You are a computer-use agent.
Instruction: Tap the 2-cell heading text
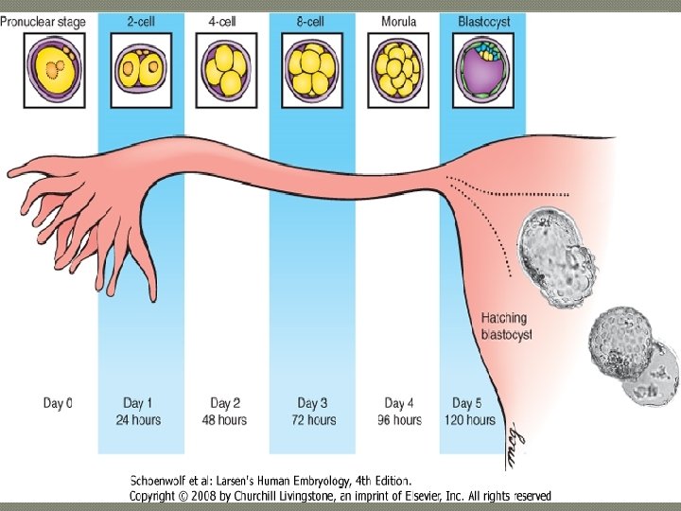point(142,21)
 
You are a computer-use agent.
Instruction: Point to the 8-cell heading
point(312,21)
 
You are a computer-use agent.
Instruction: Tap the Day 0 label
point(58,404)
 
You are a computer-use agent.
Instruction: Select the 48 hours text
point(226,420)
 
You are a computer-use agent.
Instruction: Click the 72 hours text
point(312,420)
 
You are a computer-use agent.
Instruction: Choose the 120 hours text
point(469,420)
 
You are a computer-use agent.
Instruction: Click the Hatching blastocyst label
point(506,326)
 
